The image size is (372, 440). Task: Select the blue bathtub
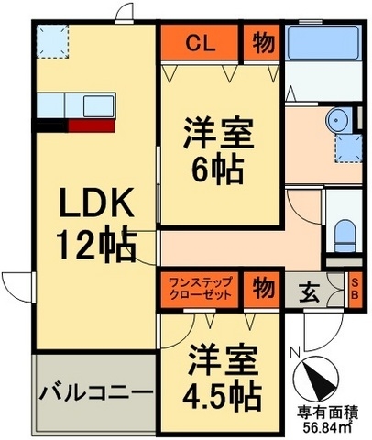[324, 43]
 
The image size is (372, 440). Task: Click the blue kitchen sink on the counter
[96, 102]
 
